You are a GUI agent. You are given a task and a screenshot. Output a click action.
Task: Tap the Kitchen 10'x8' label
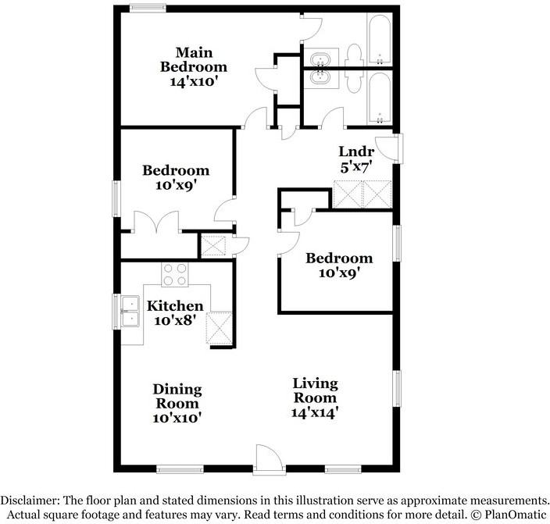(x=175, y=313)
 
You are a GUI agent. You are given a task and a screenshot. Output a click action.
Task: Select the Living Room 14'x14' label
(x=315, y=397)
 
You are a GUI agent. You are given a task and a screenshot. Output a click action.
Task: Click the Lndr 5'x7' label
(x=356, y=159)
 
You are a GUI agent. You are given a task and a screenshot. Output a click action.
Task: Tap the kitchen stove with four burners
(x=175, y=274)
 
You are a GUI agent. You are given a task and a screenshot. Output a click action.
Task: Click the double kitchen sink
(x=130, y=311)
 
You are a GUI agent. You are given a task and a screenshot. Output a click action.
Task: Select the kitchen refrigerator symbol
(x=219, y=328)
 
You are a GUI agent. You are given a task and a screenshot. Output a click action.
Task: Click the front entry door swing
(x=270, y=457)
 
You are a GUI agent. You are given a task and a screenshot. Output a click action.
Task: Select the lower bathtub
(x=380, y=97)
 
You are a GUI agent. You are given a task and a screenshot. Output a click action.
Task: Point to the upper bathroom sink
(x=320, y=60)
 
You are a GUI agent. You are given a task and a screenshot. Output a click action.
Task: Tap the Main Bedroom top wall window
(x=148, y=9)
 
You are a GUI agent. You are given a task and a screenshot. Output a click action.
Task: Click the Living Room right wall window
(x=397, y=389)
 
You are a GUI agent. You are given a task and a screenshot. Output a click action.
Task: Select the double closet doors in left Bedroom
(x=156, y=222)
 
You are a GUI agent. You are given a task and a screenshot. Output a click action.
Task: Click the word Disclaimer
(x=30, y=500)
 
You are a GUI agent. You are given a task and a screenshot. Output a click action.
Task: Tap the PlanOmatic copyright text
(x=509, y=515)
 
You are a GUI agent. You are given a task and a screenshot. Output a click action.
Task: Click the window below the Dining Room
(x=180, y=469)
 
